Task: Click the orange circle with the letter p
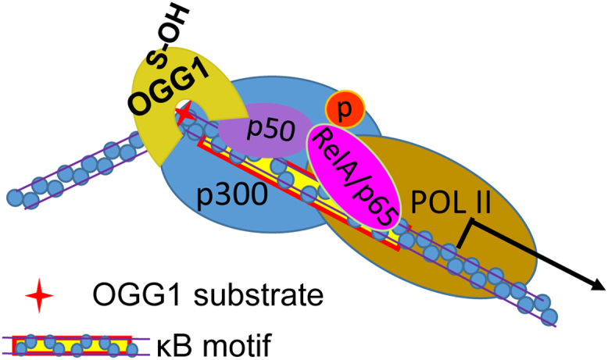[x=341, y=110]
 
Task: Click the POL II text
[x=450, y=205]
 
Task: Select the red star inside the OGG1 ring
[x=184, y=116]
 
